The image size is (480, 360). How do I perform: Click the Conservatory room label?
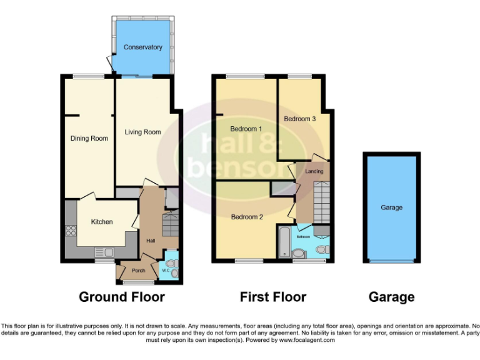142,47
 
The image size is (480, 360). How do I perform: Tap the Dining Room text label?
89,139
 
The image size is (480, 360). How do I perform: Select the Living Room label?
142,132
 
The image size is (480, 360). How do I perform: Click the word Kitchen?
102,222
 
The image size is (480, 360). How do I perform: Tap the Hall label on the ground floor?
151,241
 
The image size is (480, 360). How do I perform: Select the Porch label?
138,271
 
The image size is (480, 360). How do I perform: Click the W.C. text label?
165,271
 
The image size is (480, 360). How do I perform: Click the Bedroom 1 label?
246,129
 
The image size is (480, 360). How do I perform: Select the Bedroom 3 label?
299,119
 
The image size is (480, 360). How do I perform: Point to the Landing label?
314,171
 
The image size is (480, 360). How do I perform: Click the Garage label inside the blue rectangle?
392,207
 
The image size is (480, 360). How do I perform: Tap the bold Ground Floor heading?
122,297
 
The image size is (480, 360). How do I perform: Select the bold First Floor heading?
273,297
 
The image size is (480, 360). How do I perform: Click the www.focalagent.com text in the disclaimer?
307,341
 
